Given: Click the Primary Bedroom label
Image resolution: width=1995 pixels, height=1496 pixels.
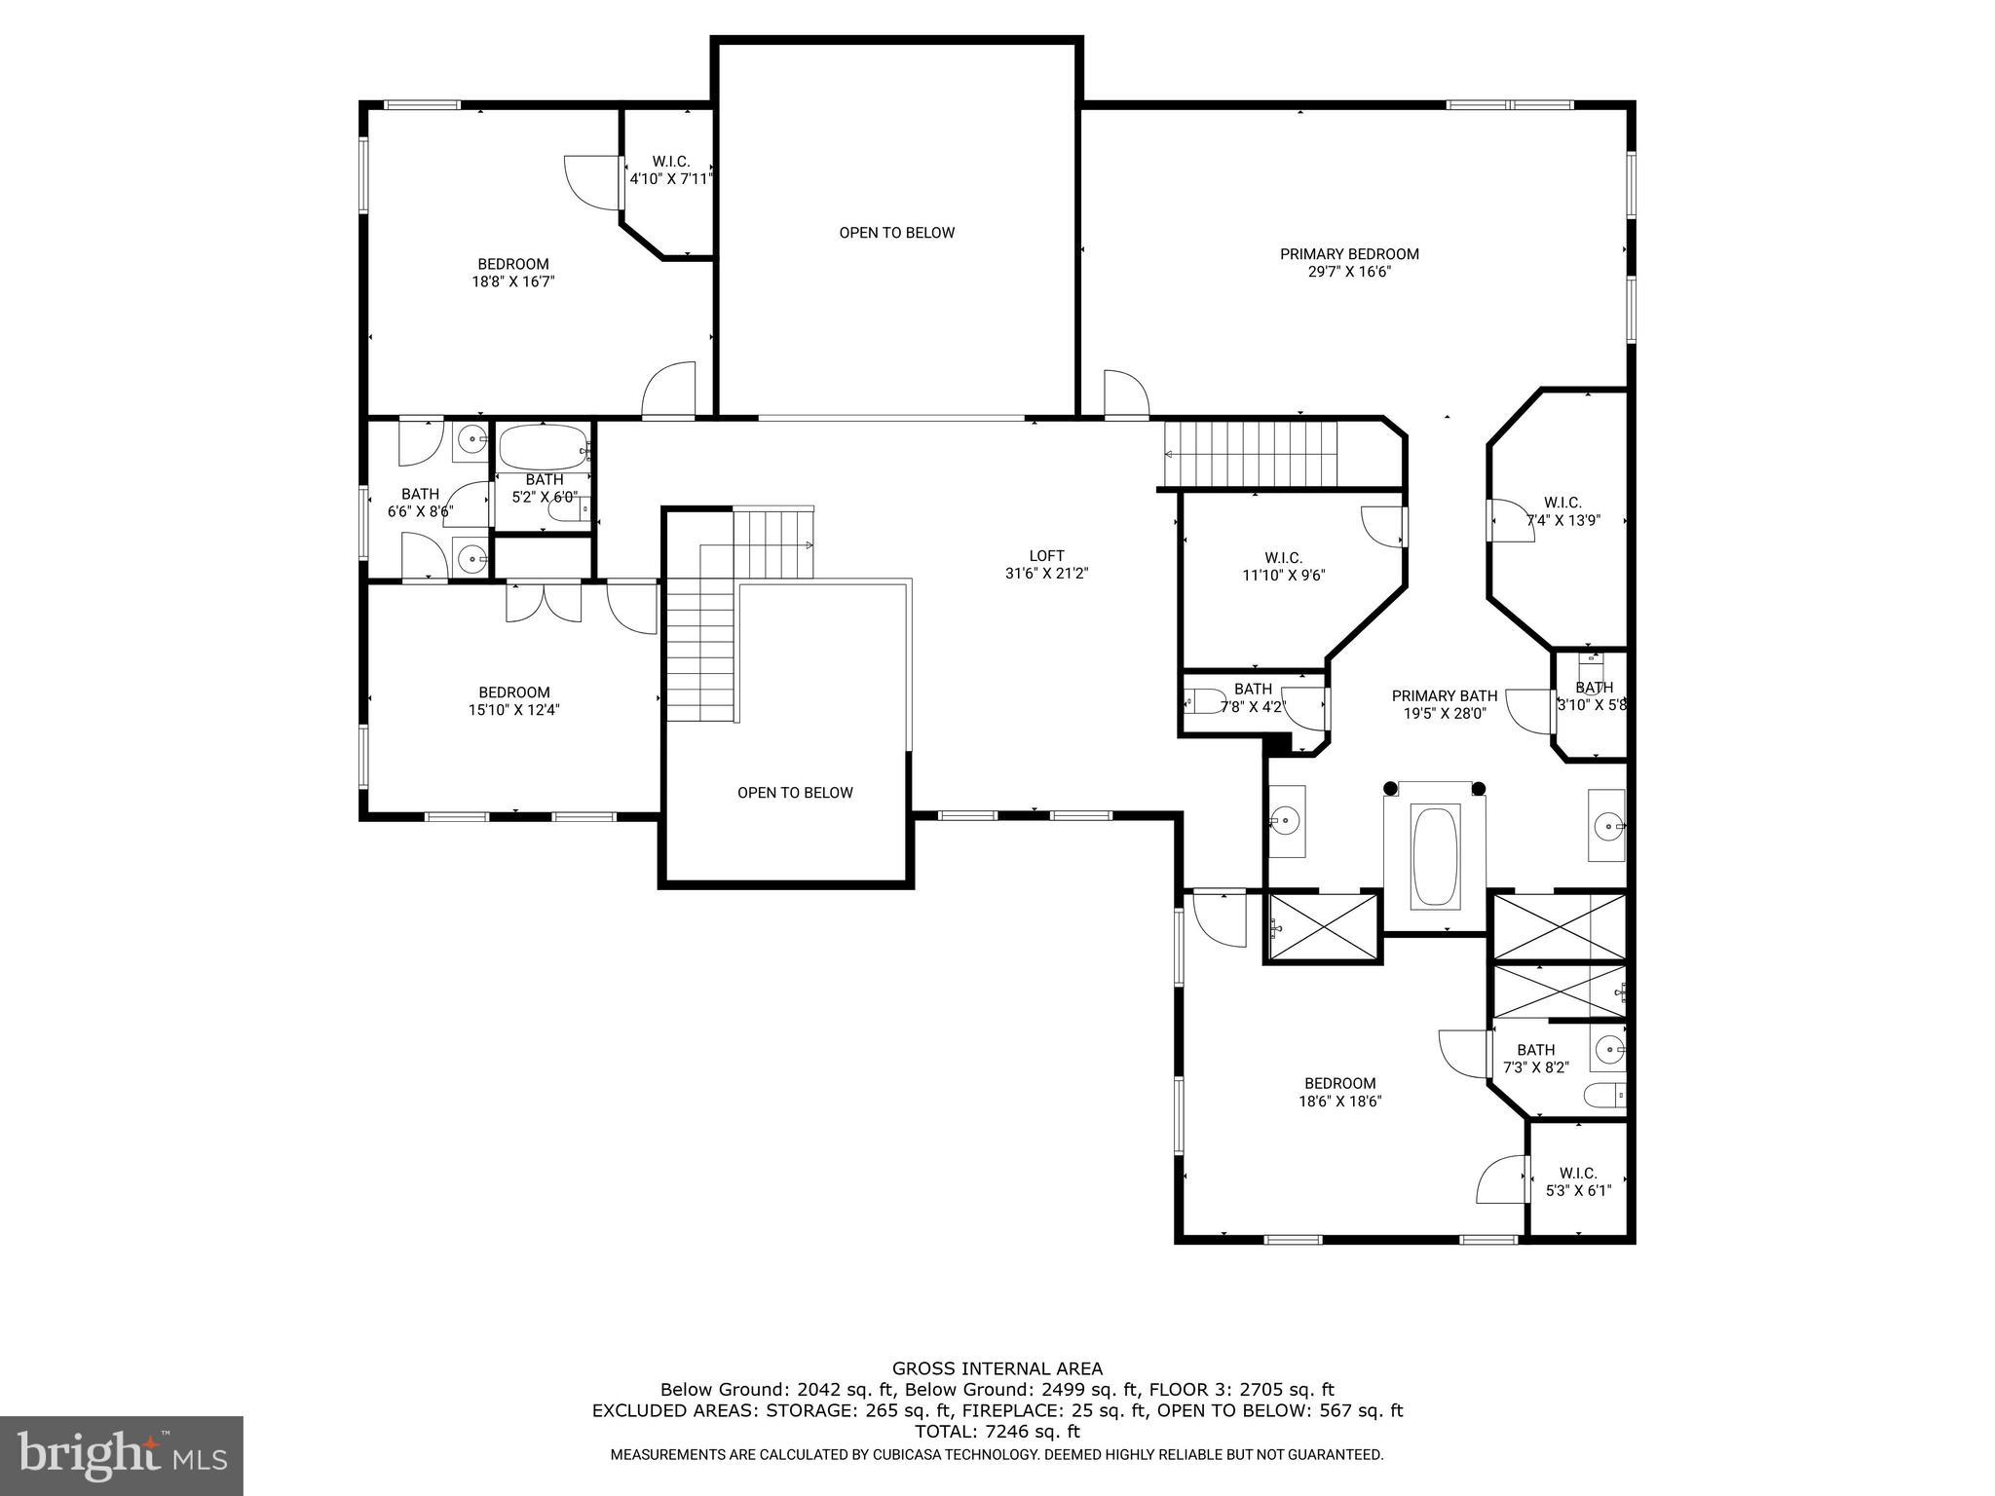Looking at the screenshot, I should click(x=1349, y=254).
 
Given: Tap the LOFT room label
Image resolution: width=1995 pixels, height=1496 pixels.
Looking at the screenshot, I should click(x=1046, y=556).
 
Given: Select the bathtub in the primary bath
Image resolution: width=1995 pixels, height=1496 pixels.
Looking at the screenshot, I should click(x=1435, y=855).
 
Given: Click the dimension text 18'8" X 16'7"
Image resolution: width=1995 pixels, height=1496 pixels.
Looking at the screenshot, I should click(x=513, y=281).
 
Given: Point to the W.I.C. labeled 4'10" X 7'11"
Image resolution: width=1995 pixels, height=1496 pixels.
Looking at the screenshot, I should click(x=670, y=170).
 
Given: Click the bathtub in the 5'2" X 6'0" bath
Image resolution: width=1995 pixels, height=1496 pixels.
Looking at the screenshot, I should click(x=543, y=448).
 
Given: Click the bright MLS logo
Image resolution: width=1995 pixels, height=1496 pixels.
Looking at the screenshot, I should click(x=122, y=1455).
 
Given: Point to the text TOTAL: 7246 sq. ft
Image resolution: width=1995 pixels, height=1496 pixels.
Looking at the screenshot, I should click(x=997, y=1432).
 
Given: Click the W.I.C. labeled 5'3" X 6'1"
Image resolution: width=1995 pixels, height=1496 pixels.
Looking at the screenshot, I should click(x=1578, y=1181).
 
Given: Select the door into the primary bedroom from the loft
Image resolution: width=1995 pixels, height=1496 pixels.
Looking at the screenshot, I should click(x=1127, y=395).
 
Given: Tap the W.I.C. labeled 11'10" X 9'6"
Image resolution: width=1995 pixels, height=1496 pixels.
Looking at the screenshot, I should click(x=1283, y=566).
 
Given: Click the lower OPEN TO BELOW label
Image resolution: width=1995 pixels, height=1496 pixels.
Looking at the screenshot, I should click(x=795, y=793).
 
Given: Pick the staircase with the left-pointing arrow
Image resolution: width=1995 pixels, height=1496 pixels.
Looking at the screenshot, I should click(x=1252, y=454).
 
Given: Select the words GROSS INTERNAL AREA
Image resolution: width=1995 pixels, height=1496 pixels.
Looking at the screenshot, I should click(x=997, y=1368).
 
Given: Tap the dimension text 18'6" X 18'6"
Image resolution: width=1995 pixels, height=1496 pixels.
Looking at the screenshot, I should click(x=1340, y=1102).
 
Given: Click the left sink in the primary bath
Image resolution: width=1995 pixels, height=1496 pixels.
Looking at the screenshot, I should click(x=1286, y=821).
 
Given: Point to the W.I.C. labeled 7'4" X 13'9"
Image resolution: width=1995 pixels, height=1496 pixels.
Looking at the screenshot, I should click(x=1562, y=511).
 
